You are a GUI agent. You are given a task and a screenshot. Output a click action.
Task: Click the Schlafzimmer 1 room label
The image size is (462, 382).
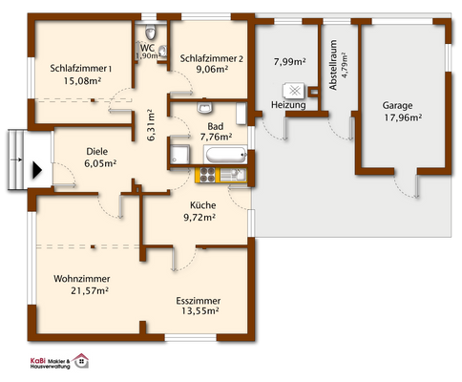81,68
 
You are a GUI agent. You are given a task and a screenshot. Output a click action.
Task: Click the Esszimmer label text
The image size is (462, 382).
199,300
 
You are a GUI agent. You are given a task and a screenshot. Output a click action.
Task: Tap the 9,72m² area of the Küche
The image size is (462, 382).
199,218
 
